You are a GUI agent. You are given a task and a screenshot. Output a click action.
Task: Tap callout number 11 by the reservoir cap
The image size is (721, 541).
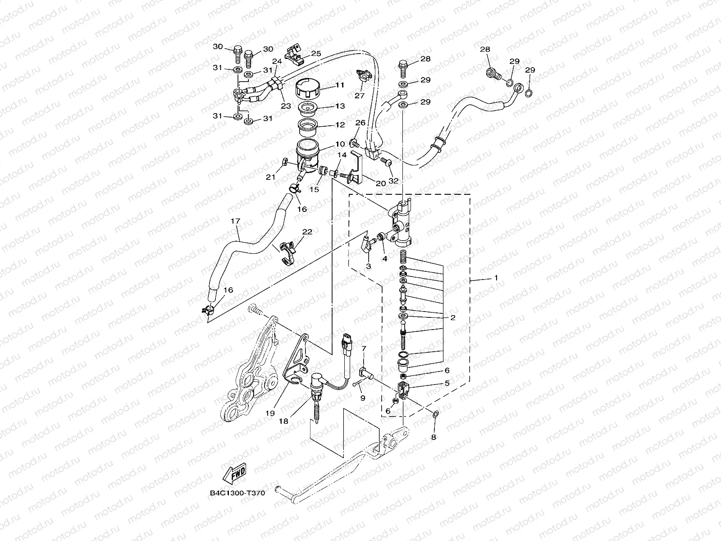[339, 85]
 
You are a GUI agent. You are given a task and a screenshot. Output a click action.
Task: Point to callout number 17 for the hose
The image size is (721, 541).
[235, 221]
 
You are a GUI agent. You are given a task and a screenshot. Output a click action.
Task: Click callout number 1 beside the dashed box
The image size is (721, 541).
[496, 278]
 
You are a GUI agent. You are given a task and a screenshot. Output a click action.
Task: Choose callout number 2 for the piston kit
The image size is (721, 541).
[452, 317]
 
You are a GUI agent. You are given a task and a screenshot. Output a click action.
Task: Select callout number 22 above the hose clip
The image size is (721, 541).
[307, 232]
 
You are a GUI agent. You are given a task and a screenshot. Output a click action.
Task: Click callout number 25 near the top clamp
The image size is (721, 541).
[316, 54]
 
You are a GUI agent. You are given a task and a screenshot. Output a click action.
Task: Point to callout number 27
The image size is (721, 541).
[359, 96]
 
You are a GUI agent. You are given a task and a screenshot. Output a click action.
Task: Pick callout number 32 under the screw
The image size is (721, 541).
[393, 181]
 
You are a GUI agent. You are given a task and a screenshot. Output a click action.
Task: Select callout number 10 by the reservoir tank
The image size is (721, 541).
[340, 144]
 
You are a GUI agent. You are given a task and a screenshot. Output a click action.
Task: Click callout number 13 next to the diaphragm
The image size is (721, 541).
[340, 106]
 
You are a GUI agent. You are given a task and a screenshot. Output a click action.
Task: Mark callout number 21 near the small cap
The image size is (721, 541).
[270, 177]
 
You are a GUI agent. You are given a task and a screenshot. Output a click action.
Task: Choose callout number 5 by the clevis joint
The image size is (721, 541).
[447, 383]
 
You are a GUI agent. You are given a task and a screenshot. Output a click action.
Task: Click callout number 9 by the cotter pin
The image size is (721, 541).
[363, 398]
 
